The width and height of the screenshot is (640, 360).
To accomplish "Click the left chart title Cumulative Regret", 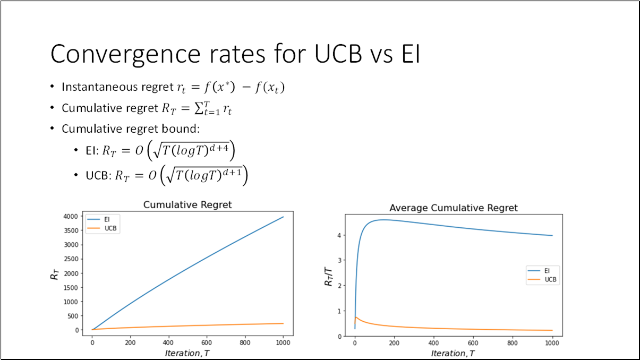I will (187, 204).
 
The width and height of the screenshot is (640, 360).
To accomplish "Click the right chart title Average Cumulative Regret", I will (453, 208).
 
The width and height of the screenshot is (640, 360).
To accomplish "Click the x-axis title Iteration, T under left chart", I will (187, 353).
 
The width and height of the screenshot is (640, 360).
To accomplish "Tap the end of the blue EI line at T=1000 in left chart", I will (283, 217).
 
